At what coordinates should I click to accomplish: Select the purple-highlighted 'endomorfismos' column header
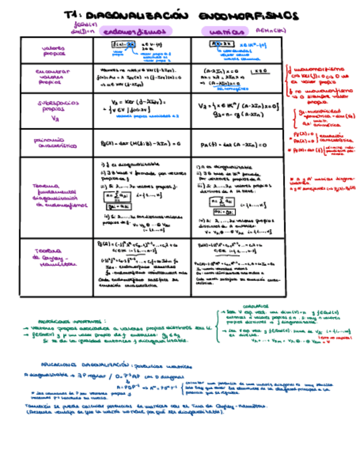tap(136, 32)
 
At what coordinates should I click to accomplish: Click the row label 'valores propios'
tap(54, 51)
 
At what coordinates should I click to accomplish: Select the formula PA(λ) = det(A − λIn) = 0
tap(233, 145)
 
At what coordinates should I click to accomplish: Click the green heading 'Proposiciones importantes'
tap(72, 322)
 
